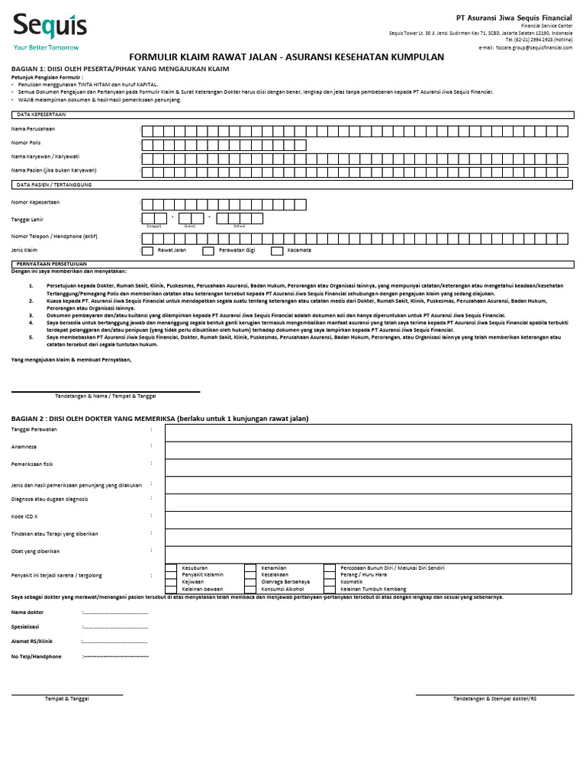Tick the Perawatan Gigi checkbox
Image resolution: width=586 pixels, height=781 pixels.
(208, 250)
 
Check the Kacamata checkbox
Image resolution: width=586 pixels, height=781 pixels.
(278, 250)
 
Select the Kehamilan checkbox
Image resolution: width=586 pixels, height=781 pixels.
(250, 568)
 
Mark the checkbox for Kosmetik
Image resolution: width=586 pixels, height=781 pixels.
(330, 582)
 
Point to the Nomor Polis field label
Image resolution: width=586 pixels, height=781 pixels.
(26, 143)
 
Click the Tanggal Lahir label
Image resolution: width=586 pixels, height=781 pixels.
(27, 219)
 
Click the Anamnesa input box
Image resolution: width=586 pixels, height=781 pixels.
(363, 448)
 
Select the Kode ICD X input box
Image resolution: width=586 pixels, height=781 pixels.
(363, 518)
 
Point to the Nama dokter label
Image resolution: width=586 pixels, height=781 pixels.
(27, 612)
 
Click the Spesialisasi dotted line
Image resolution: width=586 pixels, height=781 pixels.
(114, 627)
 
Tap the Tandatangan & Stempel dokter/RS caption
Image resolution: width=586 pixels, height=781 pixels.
(494, 699)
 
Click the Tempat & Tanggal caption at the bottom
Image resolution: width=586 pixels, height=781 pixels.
(67, 699)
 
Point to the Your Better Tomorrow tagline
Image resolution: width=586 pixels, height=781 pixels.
(47, 47)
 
